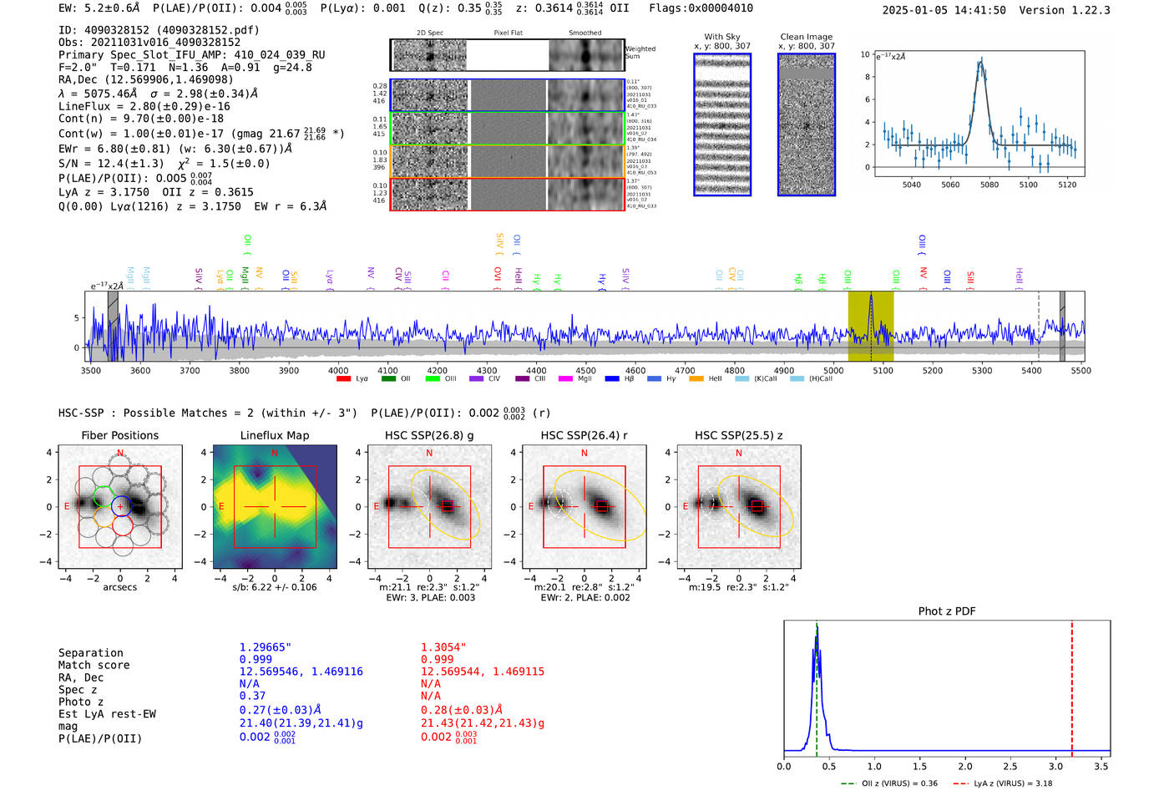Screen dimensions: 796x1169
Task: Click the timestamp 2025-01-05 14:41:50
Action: pos(944,10)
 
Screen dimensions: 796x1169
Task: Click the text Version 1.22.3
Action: pos(1065,10)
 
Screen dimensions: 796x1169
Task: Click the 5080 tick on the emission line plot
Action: pos(989,185)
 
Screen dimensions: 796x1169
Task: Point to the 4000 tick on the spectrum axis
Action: pos(338,370)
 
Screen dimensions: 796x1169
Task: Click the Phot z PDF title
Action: pos(947,611)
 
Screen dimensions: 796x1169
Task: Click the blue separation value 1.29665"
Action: pos(266,647)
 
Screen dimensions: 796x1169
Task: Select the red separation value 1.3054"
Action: pos(443,647)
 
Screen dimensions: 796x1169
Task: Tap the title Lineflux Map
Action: pos(274,435)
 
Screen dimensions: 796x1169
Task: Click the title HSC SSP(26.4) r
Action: pos(584,435)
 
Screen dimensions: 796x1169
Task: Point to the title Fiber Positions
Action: pos(119,435)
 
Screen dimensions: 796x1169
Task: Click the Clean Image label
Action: pos(806,37)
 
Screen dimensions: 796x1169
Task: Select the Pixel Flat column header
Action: pos(508,33)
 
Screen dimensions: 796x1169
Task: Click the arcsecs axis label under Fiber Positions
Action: pos(119,587)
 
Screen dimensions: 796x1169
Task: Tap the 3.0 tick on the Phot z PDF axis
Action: pos(1056,766)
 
